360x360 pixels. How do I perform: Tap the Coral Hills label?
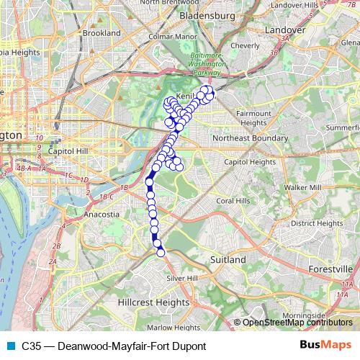(x=234, y=200)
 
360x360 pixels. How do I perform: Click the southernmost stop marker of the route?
(x=161, y=251)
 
